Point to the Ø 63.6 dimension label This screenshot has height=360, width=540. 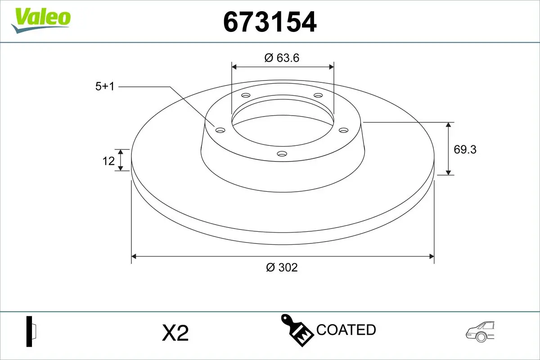pyautogui.click(x=282, y=58)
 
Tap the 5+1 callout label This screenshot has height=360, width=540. pyautogui.click(x=105, y=86)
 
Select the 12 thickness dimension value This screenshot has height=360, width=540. pyautogui.click(x=108, y=160)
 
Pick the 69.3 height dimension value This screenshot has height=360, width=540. pyautogui.click(x=465, y=149)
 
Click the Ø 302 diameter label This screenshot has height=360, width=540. pyautogui.click(x=282, y=267)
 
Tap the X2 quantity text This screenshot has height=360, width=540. pyautogui.click(x=175, y=333)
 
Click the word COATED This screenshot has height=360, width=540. pyautogui.click(x=346, y=330)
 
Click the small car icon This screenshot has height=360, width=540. pyautogui.click(x=480, y=331)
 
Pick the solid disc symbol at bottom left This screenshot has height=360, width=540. pyautogui.click(x=31, y=332)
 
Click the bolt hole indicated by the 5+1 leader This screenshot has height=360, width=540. pyautogui.click(x=220, y=130)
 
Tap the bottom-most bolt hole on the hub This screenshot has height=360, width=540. pyautogui.click(x=282, y=154)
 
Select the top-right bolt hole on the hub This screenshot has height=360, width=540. pyautogui.click(x=318, y=95)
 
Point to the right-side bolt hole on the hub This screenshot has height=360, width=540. pyautogui.click(x=344, y=130)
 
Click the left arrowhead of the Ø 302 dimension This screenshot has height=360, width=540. pyautogui.click(x=134, y=256)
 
